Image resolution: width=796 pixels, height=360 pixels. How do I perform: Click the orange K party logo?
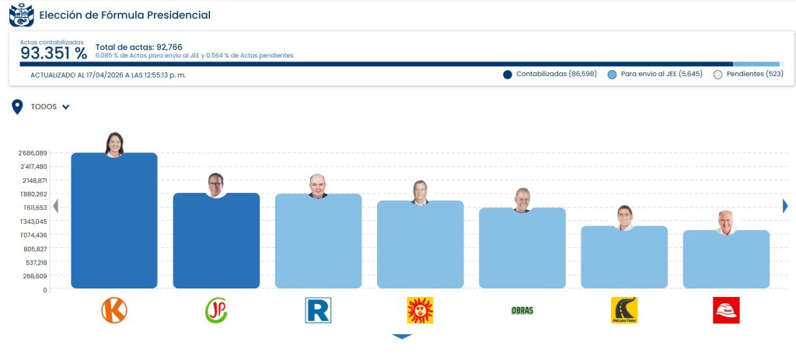click(114, 310)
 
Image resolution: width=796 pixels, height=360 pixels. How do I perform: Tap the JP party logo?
click(216, 310)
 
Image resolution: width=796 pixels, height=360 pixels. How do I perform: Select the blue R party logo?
click(318, 310)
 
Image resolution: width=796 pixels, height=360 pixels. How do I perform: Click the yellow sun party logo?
click(420, 310)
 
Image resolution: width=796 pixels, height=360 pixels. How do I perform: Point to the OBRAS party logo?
click(522, 310)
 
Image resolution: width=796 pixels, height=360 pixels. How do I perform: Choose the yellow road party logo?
click(624, 310)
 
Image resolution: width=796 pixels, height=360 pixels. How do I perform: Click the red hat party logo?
click(726, 310)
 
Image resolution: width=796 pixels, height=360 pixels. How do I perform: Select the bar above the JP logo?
click(216, 241)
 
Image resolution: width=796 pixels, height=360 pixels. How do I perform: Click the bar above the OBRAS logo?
click(522, 249)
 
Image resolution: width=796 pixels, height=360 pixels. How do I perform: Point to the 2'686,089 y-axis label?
click(32, 153)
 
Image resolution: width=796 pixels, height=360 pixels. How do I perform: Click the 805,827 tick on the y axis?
click(34, 249)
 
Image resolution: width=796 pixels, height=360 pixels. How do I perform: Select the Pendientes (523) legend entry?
click(748, 74)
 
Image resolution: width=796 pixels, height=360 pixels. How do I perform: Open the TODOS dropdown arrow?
click(66, 107)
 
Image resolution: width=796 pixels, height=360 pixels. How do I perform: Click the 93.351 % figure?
click(54, 53)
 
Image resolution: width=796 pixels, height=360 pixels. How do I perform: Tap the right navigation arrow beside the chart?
click(785, 205)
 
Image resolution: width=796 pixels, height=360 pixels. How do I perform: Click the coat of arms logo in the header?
click(21, 15)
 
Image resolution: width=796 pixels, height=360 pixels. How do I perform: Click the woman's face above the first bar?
click(114, 144)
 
